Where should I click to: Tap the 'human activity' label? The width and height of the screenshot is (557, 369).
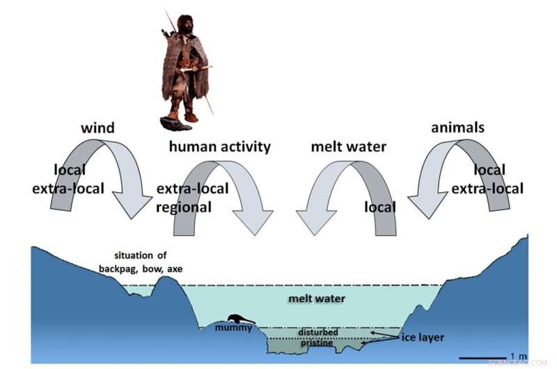(x=220, y=146)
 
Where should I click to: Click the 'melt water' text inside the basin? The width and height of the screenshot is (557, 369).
(x=317, y=299)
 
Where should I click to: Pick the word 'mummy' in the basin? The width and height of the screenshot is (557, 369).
(x=233, y=327)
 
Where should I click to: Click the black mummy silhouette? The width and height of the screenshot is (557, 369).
(x=239, y=317)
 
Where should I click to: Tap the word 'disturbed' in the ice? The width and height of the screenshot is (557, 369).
(x=317, y=333)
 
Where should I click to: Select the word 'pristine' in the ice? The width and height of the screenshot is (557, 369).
(x=317, y=343)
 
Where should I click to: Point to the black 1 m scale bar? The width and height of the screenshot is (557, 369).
(x=483, y=358)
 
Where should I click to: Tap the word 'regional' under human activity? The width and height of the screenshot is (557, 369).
(x=185, y=207)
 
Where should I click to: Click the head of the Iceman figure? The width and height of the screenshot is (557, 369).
(x=186, y=22)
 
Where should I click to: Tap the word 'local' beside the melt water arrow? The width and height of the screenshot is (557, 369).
(x=380, y=207)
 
